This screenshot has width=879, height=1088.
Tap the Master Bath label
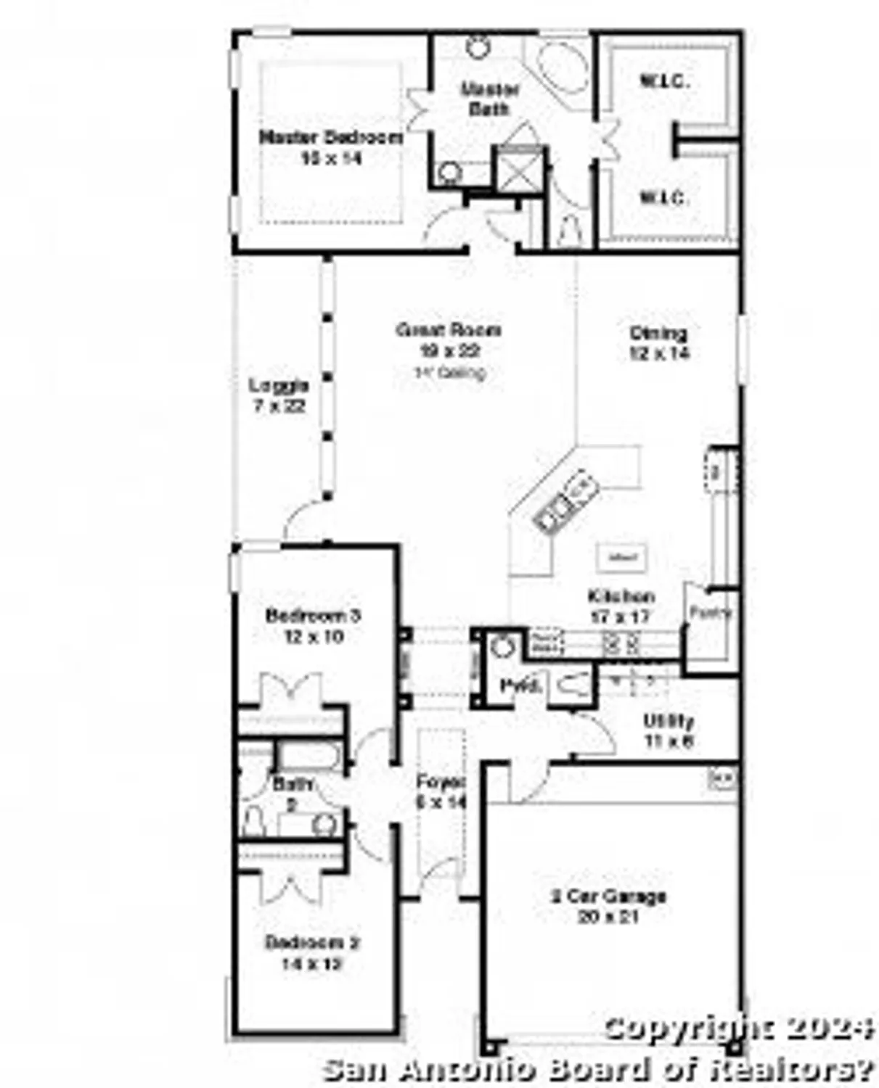point(490,99)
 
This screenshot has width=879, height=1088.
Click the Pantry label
point(710,612)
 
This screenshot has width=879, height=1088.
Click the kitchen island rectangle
point(622,557)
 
